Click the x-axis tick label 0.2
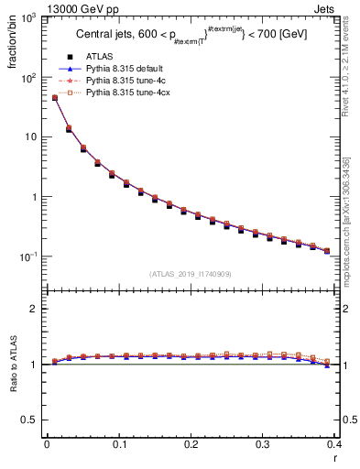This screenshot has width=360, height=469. click(x=190, y=444)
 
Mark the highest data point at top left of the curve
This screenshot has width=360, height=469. click(x=54, y=98)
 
